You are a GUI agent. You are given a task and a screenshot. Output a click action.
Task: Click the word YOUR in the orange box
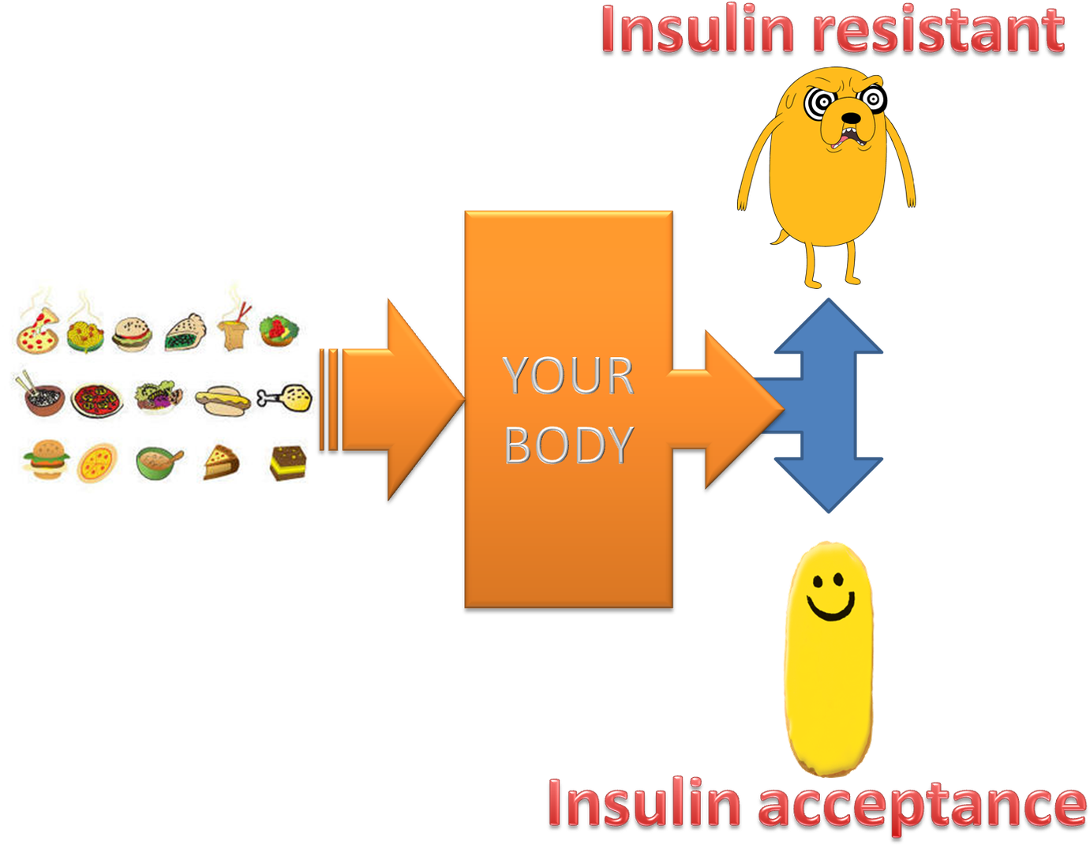pos(568,375)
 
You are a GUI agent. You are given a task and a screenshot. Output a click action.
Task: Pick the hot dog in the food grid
pos(223,400)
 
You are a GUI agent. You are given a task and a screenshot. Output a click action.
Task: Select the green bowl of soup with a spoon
pos(158,463)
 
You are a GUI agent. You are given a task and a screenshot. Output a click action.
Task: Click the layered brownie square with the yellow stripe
pos(287,463)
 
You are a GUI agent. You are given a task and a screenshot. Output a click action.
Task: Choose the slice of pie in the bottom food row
pos(222,462)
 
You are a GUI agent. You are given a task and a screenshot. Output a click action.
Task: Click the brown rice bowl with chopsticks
pos(43,397)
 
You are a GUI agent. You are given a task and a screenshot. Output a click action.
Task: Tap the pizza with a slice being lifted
pos(37,332)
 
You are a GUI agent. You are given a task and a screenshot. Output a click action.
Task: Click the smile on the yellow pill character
pos(830,608)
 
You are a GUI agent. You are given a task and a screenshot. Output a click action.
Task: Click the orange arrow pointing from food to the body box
pos(395,399)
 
